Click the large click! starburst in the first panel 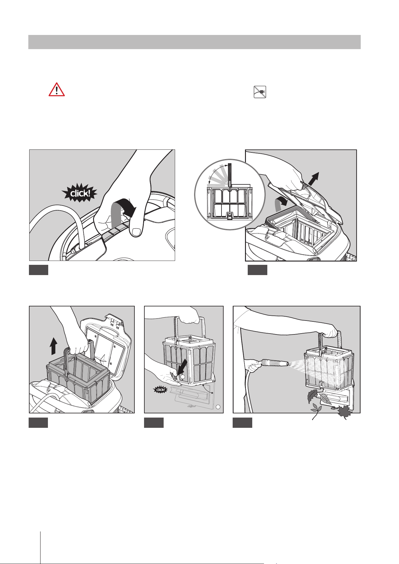(80, 193)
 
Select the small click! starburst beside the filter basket (160, 390)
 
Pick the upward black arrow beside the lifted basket (53, 346)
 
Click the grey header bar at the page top (194, 42)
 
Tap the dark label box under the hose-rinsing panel (242, 423)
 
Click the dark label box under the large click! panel (39, 270)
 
